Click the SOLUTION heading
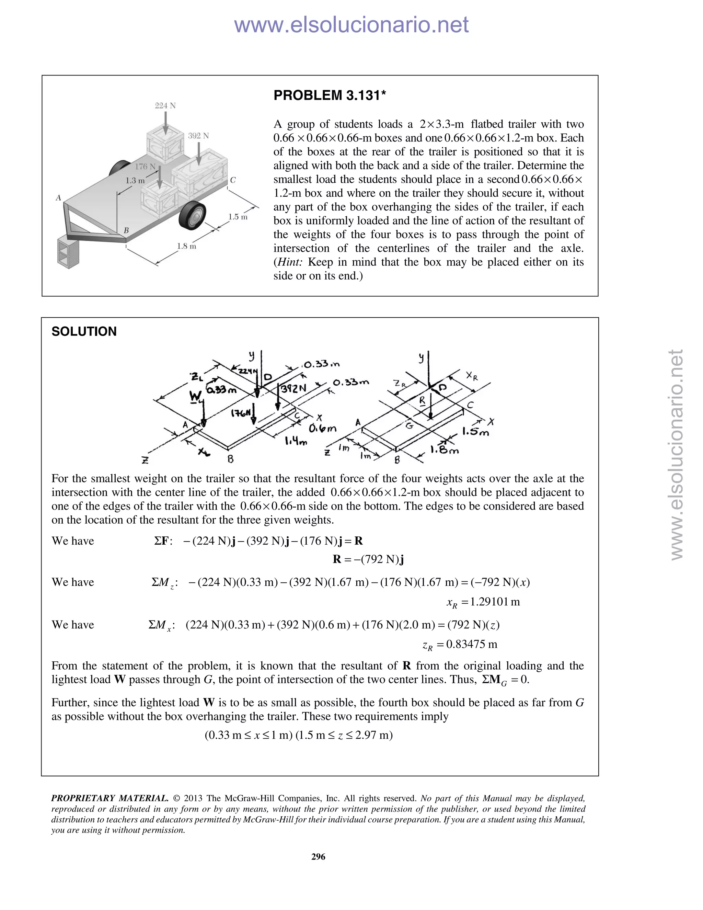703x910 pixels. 84,332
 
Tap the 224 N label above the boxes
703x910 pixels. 165,106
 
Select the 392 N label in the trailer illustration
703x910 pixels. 198,136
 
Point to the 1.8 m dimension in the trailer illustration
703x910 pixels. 187,246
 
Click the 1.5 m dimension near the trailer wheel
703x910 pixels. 238,217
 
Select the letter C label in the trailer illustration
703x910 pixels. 233,180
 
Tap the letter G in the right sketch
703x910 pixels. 410,425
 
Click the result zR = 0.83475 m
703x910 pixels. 460,645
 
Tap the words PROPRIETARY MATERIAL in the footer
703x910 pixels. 110,798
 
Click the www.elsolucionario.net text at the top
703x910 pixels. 351,25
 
